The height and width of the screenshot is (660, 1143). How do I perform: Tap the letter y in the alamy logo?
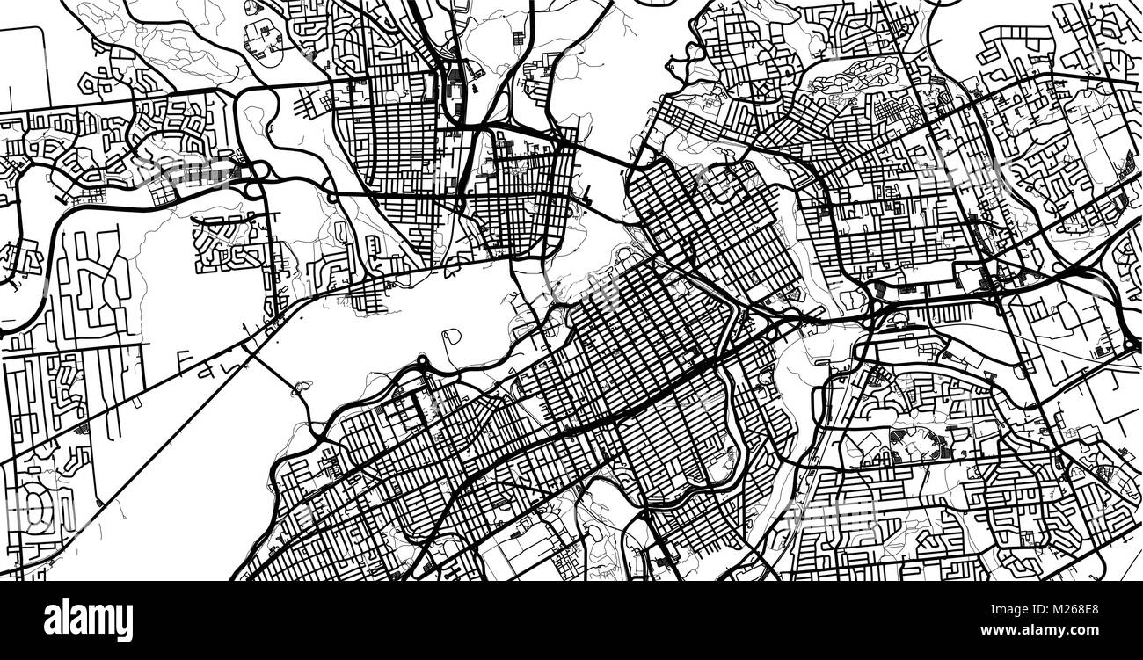pos(123,624)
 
